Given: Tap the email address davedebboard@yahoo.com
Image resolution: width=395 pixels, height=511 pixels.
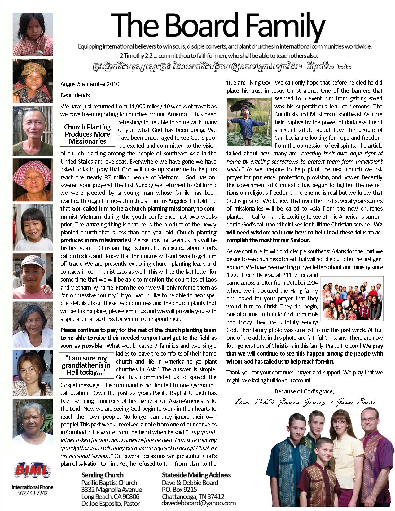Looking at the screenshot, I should point(198,504).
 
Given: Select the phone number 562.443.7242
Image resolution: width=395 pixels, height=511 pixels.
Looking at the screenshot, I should point(33,493).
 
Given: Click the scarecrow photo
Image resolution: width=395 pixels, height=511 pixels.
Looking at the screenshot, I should point(249,122).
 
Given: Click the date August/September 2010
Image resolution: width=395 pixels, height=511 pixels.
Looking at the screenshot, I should point(90,84).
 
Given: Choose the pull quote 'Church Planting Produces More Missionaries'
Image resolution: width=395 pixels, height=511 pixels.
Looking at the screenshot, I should point(87,134).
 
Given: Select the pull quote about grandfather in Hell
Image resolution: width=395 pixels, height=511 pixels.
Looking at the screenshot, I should point(86,365).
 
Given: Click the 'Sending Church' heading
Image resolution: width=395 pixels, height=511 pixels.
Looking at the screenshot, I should point(102,475).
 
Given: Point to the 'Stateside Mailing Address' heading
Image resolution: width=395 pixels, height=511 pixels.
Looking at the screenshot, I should point(196,475).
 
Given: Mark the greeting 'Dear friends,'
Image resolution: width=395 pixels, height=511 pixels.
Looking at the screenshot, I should point(76,95).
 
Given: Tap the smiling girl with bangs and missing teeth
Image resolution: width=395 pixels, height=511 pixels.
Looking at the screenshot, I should point(33,227).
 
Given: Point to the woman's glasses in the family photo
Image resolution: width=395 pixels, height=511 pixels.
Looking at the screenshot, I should point(340,422).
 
